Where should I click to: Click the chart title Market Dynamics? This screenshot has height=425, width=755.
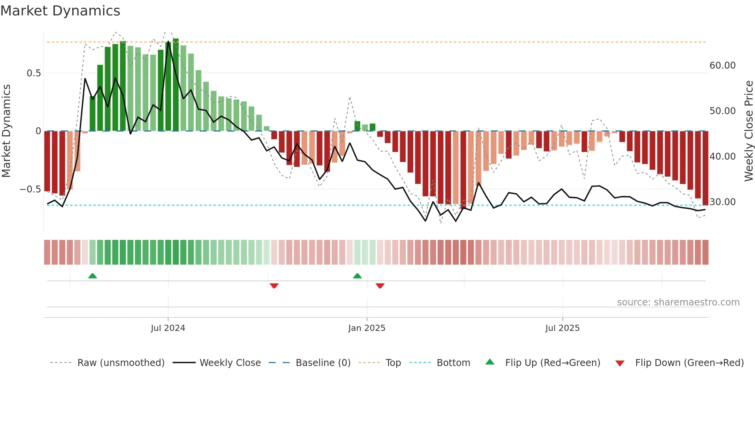pos(60,11)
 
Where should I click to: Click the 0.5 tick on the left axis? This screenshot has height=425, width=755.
pos(34,73)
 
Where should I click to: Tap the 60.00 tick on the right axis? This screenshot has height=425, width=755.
pos(722,66)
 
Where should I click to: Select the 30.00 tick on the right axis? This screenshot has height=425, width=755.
pos(722,202)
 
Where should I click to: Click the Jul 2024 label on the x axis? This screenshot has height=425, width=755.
pos(168,328)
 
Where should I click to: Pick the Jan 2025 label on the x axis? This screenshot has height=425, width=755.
pos(366,328)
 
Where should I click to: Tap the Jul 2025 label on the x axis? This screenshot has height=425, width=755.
pos(562,328)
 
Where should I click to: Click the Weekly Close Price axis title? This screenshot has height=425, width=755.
pos(748,131)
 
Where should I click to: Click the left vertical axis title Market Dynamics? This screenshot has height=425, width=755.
pos(6,131)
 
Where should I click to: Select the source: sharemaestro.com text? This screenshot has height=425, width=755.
pos(678,302)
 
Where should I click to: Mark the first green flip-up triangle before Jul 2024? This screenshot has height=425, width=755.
pos(92,276)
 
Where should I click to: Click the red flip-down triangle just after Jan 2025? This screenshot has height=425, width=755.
pos(380,286)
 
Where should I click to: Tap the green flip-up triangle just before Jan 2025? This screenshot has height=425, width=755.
pos(357,276)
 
